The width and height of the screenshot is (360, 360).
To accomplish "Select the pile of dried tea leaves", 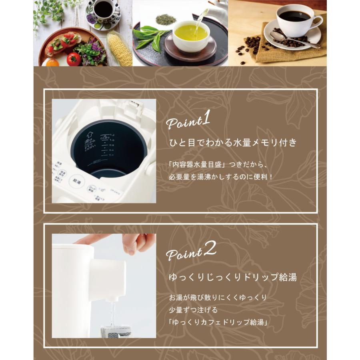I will (162, 18).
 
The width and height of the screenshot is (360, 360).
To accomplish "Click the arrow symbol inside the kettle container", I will (90, 135).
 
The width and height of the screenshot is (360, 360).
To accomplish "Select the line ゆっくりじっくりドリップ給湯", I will (232, 277).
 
